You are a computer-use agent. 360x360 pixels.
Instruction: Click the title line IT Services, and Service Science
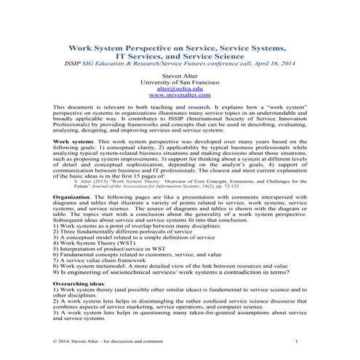(x=178, y=55)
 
